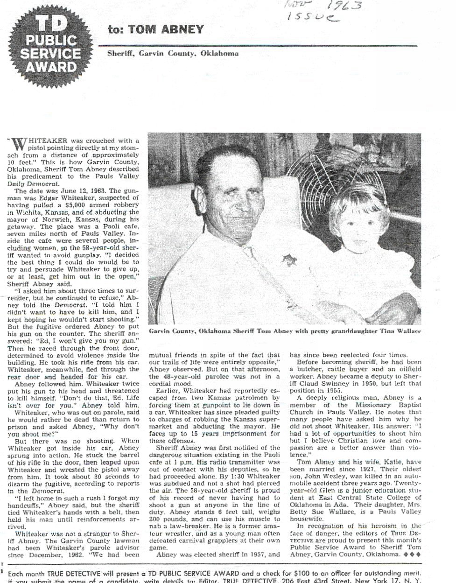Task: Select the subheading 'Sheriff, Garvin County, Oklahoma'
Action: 173,53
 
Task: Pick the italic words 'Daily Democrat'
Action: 32,184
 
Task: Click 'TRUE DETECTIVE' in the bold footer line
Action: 78,574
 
